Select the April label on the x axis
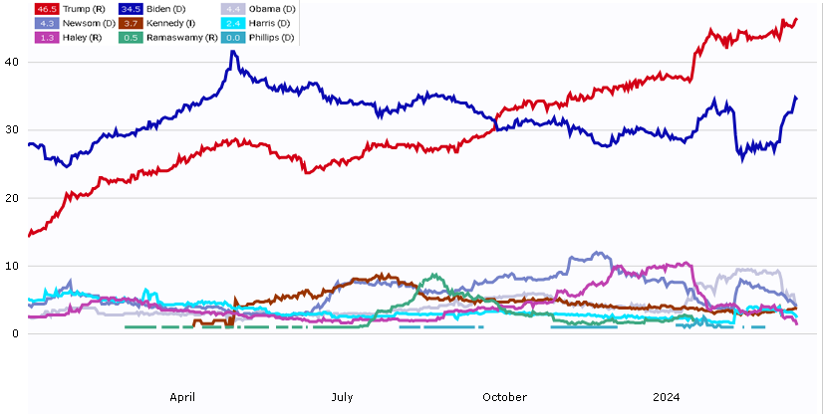click(182, 397)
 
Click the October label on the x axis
click(504, 397)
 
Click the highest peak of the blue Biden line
click(233, 51)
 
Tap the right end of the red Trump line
click(796, 19)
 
